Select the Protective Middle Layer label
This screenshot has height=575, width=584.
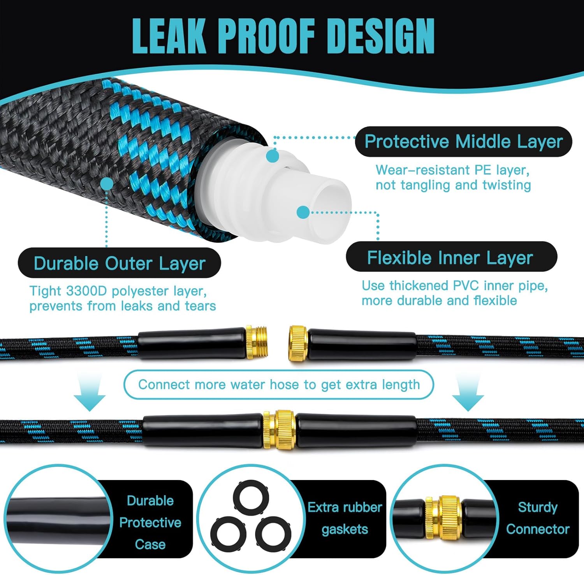[463, 142]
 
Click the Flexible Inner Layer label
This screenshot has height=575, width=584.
[451, 257]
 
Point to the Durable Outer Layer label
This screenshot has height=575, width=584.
[119, 263]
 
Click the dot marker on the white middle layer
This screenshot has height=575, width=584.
[273, 156]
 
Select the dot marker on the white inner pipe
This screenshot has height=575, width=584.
[303, 212]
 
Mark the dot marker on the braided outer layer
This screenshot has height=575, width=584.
[107, 184]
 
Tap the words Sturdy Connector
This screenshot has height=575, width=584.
[537, 518]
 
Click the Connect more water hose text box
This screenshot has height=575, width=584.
[279, 385]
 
